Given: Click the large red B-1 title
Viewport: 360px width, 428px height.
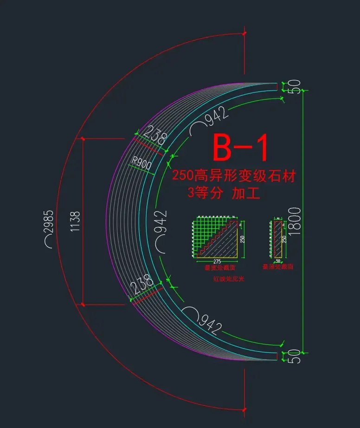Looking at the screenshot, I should pyautogui.click(x=240, y=148).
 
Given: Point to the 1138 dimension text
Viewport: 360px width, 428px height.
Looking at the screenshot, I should pyautogui.click(x=75, y=222).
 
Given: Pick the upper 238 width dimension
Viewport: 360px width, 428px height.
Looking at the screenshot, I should pyautogui.click(x=155, y=136).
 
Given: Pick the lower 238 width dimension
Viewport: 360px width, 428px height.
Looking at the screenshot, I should pyautogui.click(x=143, y=284).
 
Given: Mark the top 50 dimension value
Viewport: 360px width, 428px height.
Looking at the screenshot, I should pyautogui.click(x=295, y=87).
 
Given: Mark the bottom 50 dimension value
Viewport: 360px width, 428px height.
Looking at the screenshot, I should pyautogui.click(x=295, y=357).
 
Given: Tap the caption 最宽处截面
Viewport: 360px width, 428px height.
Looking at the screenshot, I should pyautogui.click(x=220, y=268).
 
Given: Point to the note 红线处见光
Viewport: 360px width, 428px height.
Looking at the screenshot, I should pyautogui.click(x=228, y=279).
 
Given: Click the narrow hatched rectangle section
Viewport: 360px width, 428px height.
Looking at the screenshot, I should pyautogui.click(x=278, y=239).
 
